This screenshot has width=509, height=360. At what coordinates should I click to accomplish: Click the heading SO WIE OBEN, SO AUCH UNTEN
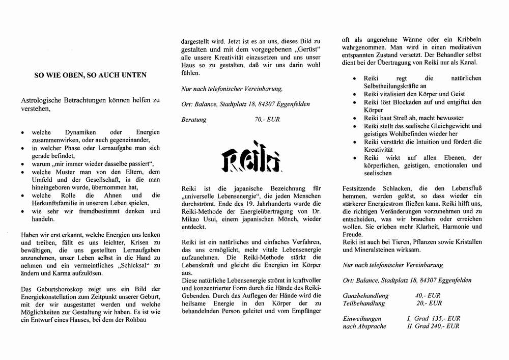tap(90, 75)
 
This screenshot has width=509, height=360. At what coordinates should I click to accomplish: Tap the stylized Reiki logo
tap(246, 160)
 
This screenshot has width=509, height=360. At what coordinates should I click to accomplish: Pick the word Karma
tap(61, 274)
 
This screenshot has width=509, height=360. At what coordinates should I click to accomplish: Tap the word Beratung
tap(194, 120)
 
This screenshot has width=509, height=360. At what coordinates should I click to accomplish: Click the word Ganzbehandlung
tap(365, 295)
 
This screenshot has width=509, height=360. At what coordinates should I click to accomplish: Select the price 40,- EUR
tap(428, 295)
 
